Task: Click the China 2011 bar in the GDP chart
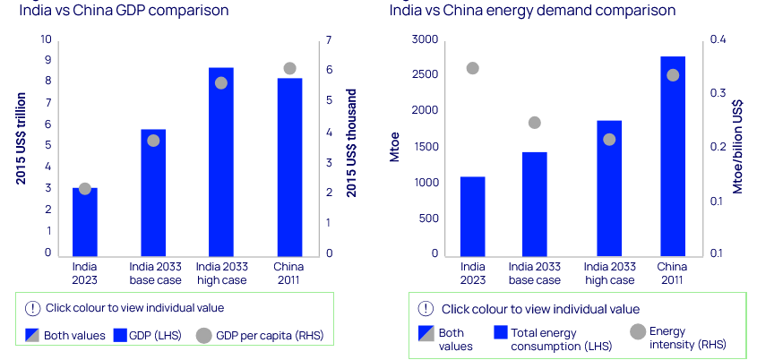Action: pyautogui.click(x=289, y=167)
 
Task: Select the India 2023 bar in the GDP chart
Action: pyautogui.click(x=85, y=221)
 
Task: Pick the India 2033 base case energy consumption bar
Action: pyautogui.click(x=535, y=203)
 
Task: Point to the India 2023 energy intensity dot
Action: pyautogui.click(x=473, y=68)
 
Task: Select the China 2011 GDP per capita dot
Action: pyautogui.click(x=289, y=68)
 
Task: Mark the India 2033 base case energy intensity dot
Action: pyautogui.click(x=535, y=123)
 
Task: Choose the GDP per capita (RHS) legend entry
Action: pyautogui.click(x=265, y=336)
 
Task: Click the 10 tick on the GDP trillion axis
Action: pyautogui.click(x=46, y=39)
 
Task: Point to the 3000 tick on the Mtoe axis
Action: pyautogui.click(x=426, y=39)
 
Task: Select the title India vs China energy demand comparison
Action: pyautogui.click(x=532, y=11)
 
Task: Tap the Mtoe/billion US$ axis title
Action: pyautogui.click(x=739, y=143)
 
